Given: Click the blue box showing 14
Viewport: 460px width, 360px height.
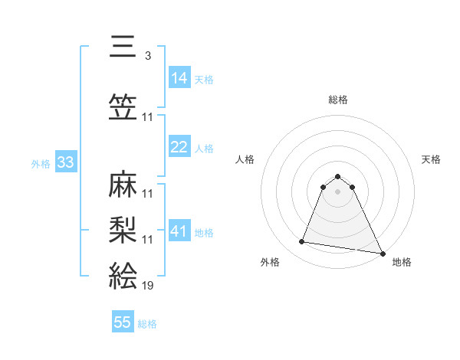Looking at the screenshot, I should (179, 78).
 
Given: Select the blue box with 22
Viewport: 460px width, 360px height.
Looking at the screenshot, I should (179, 147).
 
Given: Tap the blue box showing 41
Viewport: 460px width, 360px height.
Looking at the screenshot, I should (179, 231).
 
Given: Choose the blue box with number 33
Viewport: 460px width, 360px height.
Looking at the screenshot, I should (65, 162).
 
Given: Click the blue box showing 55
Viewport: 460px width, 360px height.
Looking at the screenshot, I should (123, 322).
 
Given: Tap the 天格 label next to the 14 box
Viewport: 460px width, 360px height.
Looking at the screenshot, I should (204, 79).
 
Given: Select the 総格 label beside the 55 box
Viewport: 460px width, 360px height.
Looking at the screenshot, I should (147, 324).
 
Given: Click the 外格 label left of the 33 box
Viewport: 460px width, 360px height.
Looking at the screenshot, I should (41, 163).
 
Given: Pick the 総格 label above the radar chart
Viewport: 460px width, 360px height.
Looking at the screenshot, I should (337, 100).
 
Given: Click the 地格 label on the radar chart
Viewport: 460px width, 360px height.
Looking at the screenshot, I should (402, 262).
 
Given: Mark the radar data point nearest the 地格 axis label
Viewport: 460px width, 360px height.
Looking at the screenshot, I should (383, 254).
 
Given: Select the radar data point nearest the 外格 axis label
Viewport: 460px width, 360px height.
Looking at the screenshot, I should (302, 242).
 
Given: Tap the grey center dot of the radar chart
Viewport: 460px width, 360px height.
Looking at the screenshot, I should (337, 191).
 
